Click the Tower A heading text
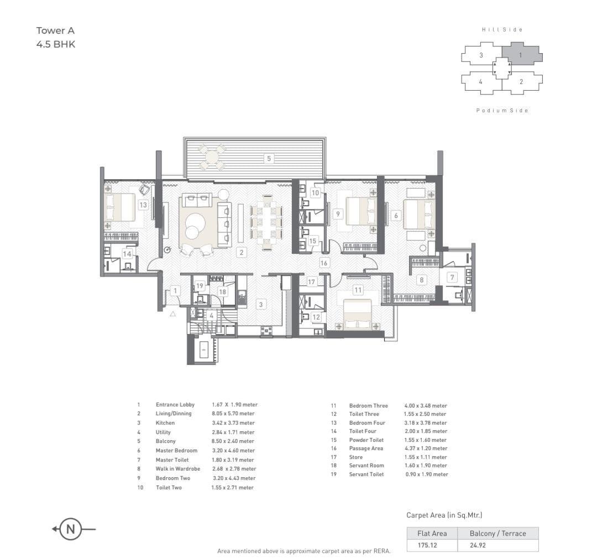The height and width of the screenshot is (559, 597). click(55, 31)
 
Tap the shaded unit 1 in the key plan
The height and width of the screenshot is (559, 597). click(521, 55)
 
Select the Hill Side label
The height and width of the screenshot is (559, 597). click(502, 29)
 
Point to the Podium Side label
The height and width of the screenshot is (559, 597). click(502, 111)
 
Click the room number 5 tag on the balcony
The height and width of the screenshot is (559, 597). click(269, 159)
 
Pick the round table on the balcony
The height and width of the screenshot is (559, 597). click(212, 157)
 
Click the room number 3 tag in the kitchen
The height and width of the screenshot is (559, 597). click(261, 304)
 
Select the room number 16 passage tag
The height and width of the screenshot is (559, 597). click(324, 263)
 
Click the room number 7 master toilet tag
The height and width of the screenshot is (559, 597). click(452, 277)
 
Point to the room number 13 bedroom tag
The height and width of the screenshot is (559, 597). click(143, 205)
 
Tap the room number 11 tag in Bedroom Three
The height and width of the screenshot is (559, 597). click(358, 290)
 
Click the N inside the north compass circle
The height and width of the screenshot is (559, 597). click(71, 529)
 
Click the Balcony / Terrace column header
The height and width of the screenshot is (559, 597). click(498, 534)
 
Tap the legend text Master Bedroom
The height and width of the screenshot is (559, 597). click(176, 451)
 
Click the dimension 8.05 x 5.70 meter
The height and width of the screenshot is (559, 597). click(233, 414)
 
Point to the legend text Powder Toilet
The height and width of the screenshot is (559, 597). click(366, 440)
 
